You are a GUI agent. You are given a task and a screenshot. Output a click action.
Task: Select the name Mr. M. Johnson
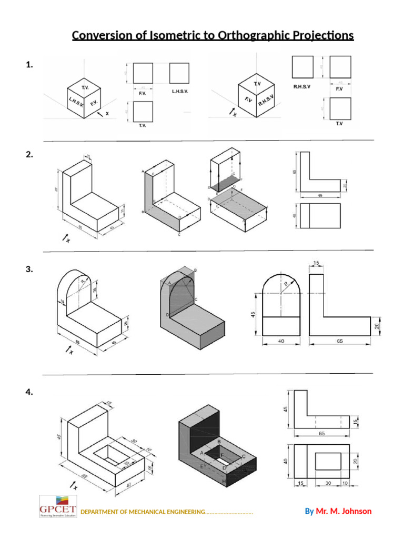pos(344,511)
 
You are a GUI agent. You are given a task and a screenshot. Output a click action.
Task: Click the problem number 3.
pos(29,269)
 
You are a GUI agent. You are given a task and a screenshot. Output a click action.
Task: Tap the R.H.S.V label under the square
pos(302,87)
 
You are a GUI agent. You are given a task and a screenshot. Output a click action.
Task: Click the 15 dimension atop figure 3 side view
pos(316,263)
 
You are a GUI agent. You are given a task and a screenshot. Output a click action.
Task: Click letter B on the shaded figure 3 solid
pos(195,270)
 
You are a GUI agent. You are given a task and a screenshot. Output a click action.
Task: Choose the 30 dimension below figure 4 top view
pos(327,483)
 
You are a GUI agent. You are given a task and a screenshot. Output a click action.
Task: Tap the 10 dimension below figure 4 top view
pos(345,483)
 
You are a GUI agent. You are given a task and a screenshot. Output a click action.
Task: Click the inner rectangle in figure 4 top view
pos(328,462)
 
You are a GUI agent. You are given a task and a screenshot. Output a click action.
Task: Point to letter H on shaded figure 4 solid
pos(224,482)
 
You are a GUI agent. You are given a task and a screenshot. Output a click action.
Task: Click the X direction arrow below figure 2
pos(66,239)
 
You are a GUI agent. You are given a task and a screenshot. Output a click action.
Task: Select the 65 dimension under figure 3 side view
pos(339,341)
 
